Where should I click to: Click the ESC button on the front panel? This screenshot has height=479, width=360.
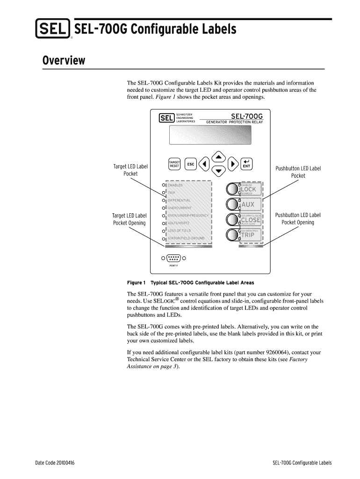190,164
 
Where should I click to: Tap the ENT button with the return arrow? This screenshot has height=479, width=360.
246,164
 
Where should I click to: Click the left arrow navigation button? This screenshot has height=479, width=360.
204,164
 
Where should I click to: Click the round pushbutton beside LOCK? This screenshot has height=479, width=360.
232,189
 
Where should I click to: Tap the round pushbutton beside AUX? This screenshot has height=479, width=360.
232,204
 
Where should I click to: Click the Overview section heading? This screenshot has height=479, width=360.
64,61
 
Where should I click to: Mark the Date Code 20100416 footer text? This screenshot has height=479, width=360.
55,463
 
